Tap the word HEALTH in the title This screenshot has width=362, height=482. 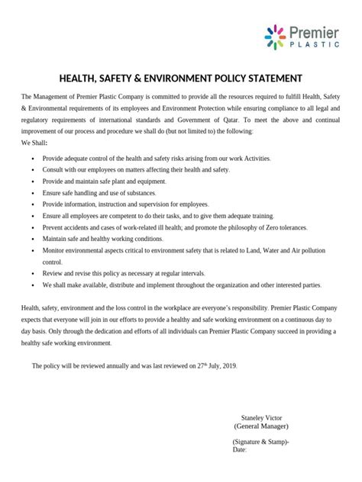tap(79, 78)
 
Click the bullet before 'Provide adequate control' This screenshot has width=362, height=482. tap(33, 158)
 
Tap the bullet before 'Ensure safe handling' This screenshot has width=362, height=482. tap(33, 194)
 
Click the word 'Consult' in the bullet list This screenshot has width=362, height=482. tap(55, 170)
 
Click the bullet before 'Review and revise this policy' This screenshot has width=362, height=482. tap(33, 273)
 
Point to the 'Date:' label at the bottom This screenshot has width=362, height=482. tap(239, 450)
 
